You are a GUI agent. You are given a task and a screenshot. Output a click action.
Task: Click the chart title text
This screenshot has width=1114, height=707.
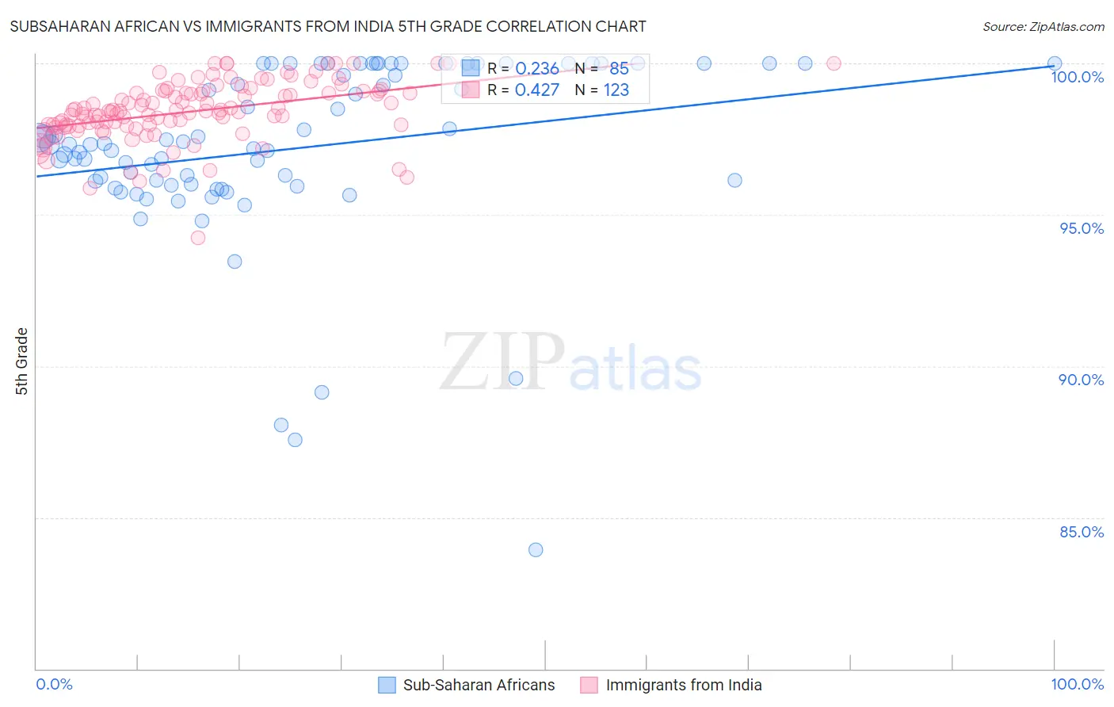point(328,26)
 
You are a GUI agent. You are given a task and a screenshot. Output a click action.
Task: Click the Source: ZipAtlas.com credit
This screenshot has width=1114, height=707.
point(1043,26)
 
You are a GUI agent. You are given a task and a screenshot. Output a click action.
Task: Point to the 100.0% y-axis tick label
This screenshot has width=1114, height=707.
point(1077,77)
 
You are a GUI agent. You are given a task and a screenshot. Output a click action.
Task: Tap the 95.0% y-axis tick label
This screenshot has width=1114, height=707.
point(1082,228)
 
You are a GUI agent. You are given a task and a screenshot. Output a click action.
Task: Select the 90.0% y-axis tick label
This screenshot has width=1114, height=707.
point(1081,380)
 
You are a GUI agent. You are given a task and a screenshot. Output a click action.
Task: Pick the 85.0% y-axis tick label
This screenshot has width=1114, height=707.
point(1082,532)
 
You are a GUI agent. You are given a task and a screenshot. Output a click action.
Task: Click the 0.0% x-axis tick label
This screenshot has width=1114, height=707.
point(54,684)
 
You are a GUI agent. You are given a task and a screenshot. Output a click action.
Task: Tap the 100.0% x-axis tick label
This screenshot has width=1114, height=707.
point(1077,684)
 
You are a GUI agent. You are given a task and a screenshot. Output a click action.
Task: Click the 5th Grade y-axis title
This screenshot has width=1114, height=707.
point(22,361)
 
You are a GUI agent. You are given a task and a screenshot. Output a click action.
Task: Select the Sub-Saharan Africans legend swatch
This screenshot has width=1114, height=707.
point(387,685)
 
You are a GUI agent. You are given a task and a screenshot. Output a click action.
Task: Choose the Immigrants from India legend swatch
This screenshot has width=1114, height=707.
point(589,685)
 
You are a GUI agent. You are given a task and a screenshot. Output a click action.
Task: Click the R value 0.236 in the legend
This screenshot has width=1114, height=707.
point(537,69)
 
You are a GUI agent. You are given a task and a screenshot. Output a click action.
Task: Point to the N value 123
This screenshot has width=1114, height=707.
point(616,90)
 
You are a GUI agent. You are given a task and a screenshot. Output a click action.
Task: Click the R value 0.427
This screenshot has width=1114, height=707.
point(537,90)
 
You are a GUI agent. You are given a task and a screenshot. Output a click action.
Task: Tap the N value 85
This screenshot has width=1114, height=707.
point(619,69)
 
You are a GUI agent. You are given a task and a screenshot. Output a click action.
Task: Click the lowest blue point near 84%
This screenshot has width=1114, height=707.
point(536,549)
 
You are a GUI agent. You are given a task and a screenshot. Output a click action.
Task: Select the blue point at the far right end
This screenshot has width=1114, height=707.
point(1055,63)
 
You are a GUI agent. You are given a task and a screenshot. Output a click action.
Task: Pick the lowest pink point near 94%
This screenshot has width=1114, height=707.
point(198,238)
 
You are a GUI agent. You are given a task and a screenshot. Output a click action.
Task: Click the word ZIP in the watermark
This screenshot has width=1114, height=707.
point(502,363)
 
